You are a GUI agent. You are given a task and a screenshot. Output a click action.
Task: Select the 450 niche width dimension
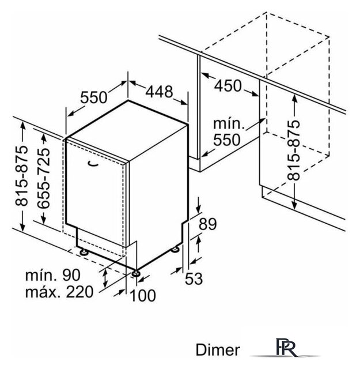coord(228,85)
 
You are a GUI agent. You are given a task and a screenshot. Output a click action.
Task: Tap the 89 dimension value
coord(207,224)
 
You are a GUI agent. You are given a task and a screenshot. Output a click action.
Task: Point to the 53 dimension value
coord(194,278)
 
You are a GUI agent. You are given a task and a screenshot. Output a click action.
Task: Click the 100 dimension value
coord(143,295)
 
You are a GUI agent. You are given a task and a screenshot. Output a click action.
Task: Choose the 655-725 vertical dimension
coord(44,178)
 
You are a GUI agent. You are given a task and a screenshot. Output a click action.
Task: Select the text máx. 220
coord(59,292)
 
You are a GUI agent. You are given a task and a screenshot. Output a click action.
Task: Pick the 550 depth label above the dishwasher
coord(93,97)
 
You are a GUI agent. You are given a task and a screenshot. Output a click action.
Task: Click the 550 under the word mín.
coord(227,140)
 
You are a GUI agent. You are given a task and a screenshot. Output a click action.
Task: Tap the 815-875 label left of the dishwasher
coord(21,176)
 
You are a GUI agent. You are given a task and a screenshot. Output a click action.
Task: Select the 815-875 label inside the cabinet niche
coord(294,150)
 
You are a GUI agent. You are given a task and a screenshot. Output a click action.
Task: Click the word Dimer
coord(218,350)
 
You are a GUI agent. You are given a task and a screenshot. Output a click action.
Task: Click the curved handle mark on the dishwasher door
coord(93,163)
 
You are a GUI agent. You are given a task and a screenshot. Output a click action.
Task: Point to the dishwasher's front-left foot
coord(84,253)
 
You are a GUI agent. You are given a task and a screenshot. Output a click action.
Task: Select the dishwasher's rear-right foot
coord(176,249)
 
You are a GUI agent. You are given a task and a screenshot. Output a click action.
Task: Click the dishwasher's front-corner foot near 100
coord(137,273)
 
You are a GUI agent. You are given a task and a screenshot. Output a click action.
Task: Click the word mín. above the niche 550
coord(229,123)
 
